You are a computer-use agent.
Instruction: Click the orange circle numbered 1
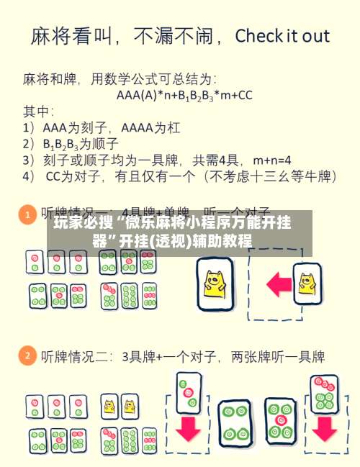pyautogui.click(x=27, y=214)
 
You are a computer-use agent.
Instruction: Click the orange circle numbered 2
pyautogui.click(x=27, y=355)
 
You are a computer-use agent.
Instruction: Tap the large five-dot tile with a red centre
pyautogui.click(x=279, y=420)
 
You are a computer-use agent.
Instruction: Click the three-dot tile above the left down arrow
pyautogui.click(x=189, y=390)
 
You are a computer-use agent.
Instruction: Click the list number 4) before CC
pyautogui.click(x=29, y=175)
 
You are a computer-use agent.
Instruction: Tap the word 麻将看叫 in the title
pyautogui.click(x=68, y=36)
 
